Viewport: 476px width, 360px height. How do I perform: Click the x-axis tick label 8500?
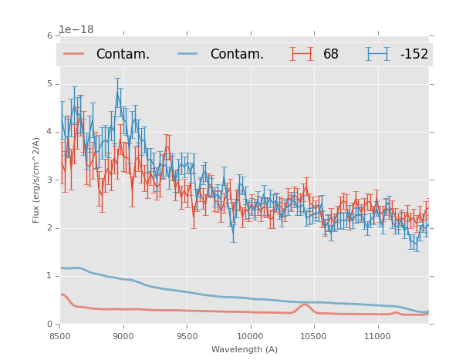60,337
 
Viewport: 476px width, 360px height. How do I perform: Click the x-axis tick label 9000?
123,337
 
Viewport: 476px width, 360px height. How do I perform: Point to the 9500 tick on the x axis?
187,337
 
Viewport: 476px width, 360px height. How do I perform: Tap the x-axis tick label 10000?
250,337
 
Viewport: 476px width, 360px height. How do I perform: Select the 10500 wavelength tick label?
314,337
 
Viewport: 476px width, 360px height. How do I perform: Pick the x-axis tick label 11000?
377,337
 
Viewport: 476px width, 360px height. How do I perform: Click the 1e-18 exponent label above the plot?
76,29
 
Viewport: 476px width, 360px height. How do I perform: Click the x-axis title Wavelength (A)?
245,349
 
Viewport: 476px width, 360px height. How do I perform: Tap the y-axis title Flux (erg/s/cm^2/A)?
36,180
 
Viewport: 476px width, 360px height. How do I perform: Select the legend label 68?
330,54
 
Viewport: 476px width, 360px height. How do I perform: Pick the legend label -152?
414,54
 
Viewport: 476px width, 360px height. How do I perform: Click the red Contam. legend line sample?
74,54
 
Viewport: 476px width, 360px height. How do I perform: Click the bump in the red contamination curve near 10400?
305,304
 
